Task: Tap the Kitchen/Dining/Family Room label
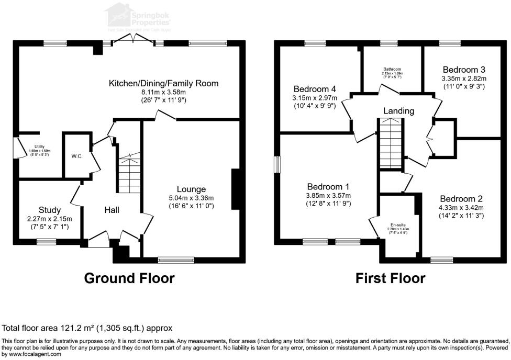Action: pos(163,83)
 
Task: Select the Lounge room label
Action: pos(191,189)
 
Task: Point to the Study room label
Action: pos(50,210)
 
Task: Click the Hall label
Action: pos(112,210)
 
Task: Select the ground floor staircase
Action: pos(128,175)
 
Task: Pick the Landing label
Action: pos(398,111)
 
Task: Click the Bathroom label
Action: pos(392,69)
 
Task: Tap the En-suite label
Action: pos(397,224)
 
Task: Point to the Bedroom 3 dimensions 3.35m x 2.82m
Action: pos(464,78)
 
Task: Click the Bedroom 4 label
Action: pos(315,88)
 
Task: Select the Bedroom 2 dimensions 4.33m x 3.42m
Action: pos(461,207)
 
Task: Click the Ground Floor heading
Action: pos(129,278)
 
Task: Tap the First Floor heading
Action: pos(390,278)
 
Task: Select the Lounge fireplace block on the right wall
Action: pos(236,189)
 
